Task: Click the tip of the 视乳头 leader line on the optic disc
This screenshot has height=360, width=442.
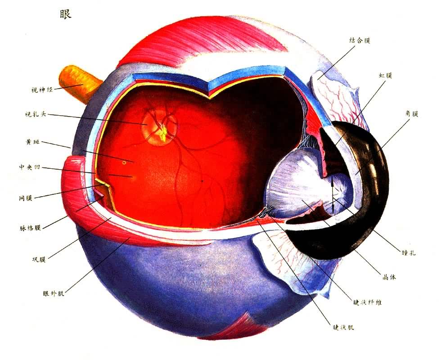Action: point(147,124)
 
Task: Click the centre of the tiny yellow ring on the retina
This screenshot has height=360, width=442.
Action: point(124,162)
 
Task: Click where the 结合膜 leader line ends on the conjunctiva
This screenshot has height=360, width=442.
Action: point(318,79)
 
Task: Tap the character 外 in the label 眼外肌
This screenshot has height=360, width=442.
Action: point(54,293)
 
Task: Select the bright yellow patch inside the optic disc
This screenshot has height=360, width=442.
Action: point(162,134)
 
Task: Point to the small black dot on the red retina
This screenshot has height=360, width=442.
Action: point(202,181)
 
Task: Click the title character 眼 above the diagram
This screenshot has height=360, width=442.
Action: point(65,13)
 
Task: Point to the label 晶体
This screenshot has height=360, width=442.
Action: point(389,277)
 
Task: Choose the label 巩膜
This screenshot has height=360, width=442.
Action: point(39,259)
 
